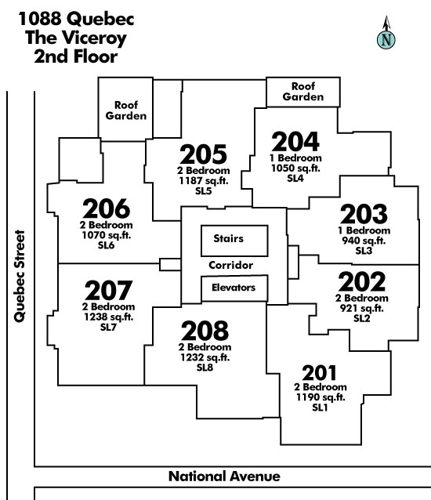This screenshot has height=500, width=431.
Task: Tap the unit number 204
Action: (295, 142)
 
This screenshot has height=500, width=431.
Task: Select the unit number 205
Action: (204, 154)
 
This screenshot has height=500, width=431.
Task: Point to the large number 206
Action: (106, 208)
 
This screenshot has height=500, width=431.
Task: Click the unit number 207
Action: (108, 291)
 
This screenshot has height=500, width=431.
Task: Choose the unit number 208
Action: (205, 331)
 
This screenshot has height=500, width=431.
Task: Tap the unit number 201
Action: (319, 373)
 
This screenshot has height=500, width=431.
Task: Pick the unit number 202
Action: (362, 282)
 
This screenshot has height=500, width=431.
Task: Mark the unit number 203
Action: (364, 214)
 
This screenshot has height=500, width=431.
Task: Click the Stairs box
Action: (234, 241)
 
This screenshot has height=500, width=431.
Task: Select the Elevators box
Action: (234, 288)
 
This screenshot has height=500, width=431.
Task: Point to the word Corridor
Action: (231, 265)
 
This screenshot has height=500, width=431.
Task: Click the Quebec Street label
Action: (20, 276)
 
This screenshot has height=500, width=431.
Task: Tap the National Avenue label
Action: (224, 476)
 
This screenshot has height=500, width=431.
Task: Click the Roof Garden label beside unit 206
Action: (126, 111)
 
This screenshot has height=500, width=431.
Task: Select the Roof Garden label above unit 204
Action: (303, 92)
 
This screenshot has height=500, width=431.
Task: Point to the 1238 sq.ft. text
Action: (109, 317)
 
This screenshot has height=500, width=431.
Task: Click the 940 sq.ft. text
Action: (364, 241)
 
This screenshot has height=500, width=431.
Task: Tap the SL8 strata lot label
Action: (205, 368)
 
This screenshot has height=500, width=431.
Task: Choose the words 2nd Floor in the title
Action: (75, 56)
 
